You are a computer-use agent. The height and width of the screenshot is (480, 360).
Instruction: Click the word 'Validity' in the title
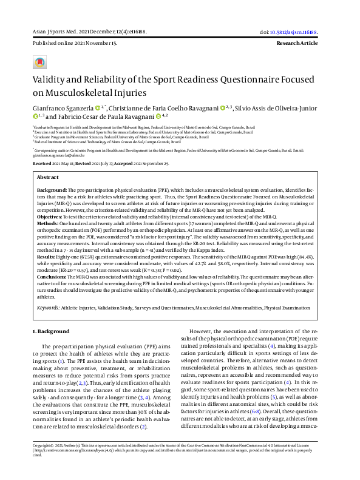tap(50, 81)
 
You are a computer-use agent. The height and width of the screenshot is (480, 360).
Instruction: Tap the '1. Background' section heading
tap(51, 331)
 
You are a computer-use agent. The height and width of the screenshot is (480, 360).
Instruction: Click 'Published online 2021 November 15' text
tap(75, 44)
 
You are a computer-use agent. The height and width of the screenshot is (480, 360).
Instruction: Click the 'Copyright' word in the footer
tap(42, 462)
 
